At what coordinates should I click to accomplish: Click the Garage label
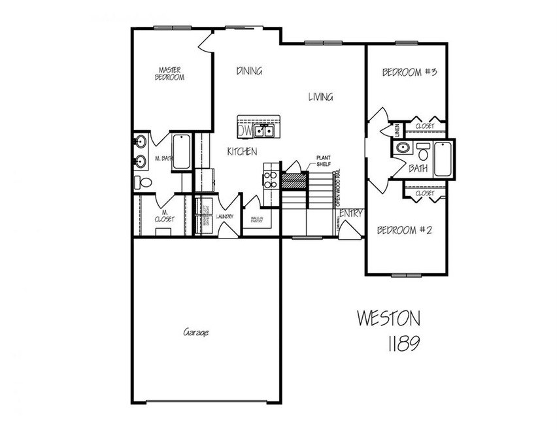click(x=195, y=333)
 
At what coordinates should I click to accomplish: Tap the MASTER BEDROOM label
click(x=170, y=73)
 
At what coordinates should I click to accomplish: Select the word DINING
click(x=249, y=71)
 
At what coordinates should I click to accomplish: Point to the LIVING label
click(x=320, y=97)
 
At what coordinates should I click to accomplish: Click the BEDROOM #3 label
click(x=409, y=73)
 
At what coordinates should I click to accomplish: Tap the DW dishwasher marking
click(x=245, y=131)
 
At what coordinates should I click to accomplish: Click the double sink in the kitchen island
click(x=264, y=131)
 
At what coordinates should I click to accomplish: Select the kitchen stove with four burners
click(x=269, y=176)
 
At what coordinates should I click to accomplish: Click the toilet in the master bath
click(x=143, y=182)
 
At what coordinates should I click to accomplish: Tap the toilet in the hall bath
click(x=423, y=153)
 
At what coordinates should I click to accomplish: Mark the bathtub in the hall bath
click(x=442, y=159)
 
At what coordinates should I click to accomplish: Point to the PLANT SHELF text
click(x=323, y=161)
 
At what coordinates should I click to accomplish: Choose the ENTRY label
click(x=352, y=213)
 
